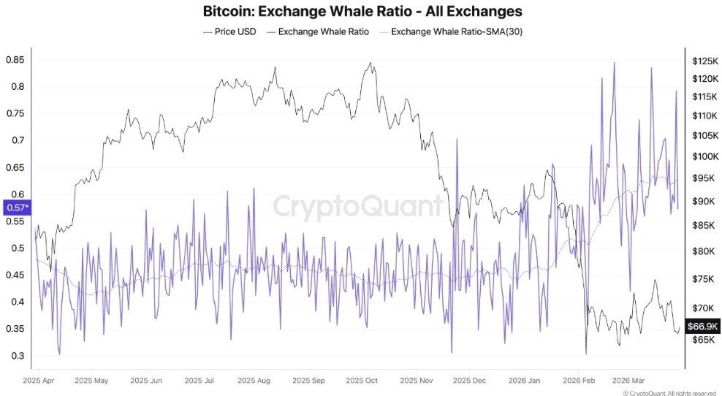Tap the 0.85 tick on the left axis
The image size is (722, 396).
click(14, 59)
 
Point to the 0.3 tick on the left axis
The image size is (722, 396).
click(14, 356)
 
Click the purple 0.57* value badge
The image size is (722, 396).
click(17, 208)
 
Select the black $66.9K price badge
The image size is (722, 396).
click(702, 326)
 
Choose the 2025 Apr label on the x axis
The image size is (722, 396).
click(39, 381)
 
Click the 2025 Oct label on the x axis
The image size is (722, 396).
click(361, 381)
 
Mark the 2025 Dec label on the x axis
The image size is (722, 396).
click(468, 381)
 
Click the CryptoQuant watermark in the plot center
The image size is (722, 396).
click(358, 207)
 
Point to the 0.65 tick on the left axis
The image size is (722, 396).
click(14, 167)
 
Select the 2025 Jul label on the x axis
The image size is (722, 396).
click(200, 381)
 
